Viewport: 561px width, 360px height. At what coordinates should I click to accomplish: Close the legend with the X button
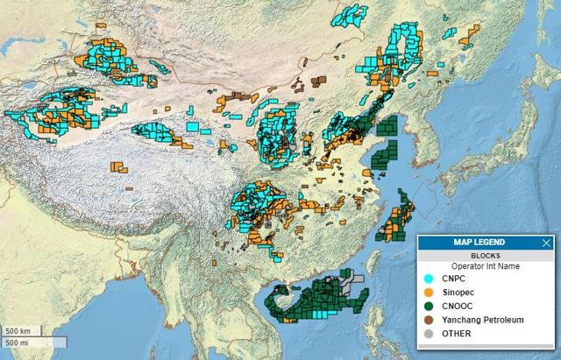547,243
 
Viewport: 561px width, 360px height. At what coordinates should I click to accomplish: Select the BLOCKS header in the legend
484,255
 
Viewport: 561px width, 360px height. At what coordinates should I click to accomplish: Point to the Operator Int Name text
484,265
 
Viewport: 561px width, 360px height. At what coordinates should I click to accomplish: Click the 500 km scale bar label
18,331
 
